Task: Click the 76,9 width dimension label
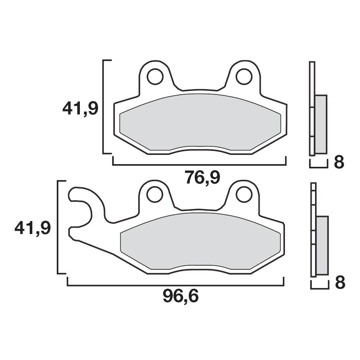[x=202, y=178]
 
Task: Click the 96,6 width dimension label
[x=181, y=297]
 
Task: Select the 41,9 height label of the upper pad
[x=80, y=109]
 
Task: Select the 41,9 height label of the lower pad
[x=32, y=228]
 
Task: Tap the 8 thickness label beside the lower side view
[x=340, y=283]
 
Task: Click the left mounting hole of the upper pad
[x=155, y=77]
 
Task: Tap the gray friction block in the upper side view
[x=321, y=124]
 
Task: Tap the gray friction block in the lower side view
[x=322, y=245]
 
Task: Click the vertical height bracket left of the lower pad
[x=58, y=227]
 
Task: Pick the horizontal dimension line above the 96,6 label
[x=175, y=285]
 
